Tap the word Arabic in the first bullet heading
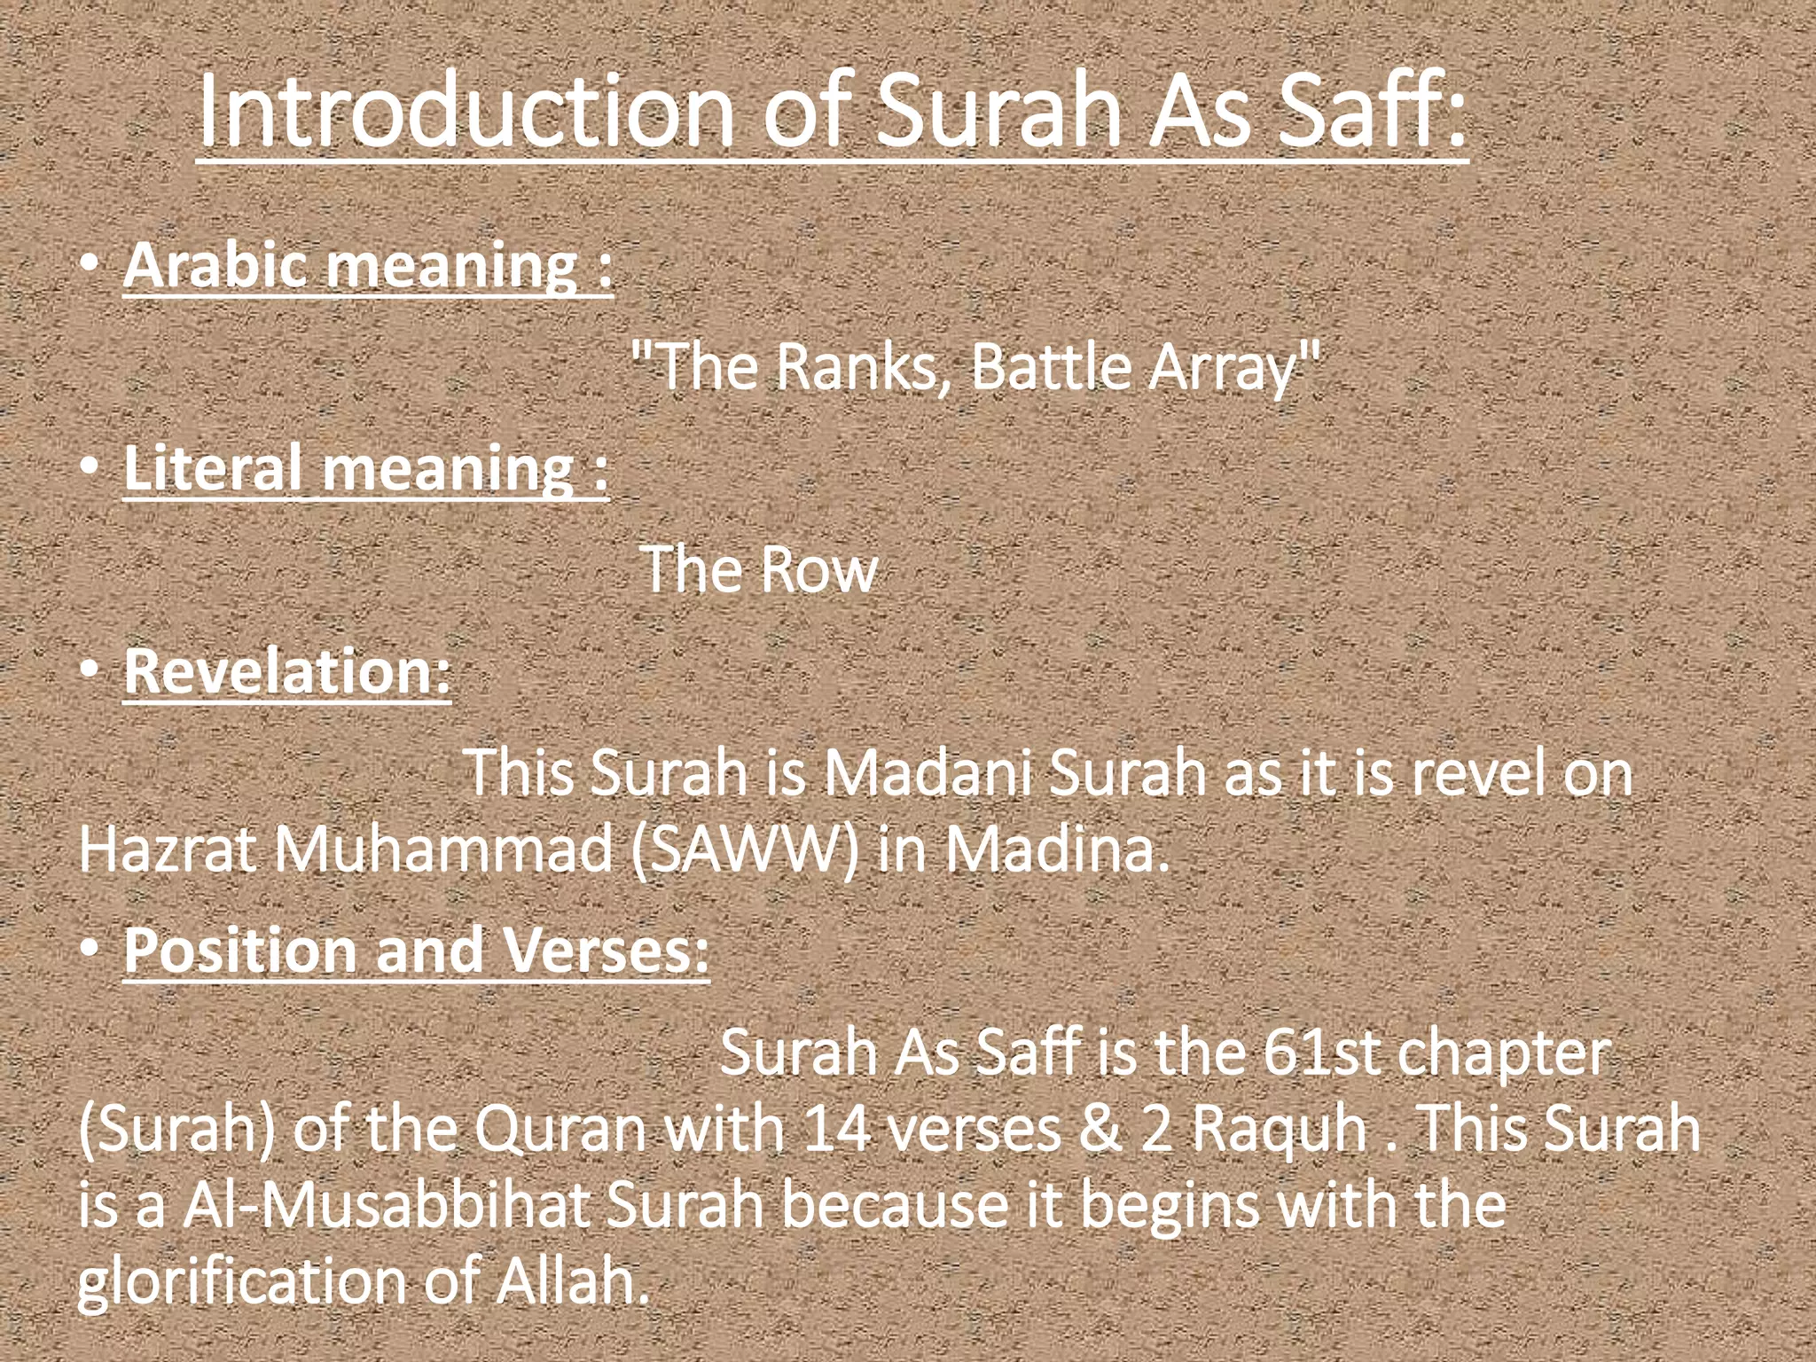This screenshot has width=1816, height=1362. click(218, 265)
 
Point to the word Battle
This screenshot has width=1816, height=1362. click(1052, 367)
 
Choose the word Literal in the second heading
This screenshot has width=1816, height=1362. click(213, 468)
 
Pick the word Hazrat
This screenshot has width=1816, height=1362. click(168, 849)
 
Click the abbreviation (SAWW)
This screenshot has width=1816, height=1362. click(745, 849)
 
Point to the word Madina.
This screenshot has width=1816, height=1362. click(1055, 849)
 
